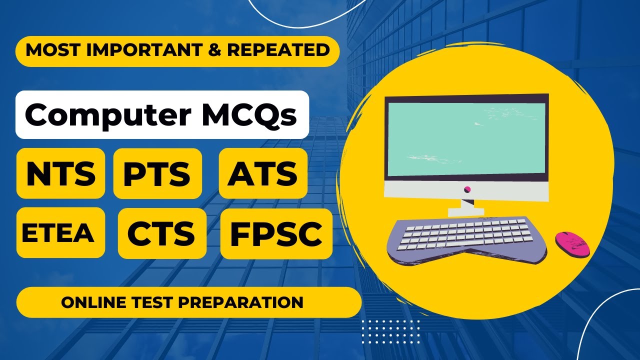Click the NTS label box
pyautogui.click(x=60, y=173)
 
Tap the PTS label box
pyautogui.click(x=157, y=173)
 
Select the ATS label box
pyautogui.click(x=263, y=173)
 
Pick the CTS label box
pyautogui.click(x=162, y=233)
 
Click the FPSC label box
pyautogui.click(x=276, y=233)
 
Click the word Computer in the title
pyautogui.click(x=107, y=114)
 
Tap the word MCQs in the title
pyautogui.click(x=249, y=114)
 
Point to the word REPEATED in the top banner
pyautogui.click(x=287, y=50)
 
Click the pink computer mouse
pyautogui.click(x=572, y=244)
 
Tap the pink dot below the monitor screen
pyautogui.click(x=467, y=189)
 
